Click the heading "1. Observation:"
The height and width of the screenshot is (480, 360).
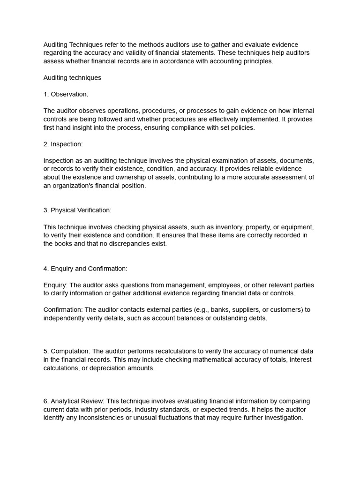click(66, 94)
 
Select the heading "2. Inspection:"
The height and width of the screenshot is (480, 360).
click(63, 144)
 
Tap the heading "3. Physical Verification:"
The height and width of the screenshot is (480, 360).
click(77, 210)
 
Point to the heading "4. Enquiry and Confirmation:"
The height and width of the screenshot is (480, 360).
click(85, 269)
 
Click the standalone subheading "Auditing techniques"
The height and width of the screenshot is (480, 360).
click(72, 78)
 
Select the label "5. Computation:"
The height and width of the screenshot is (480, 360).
click(67, 351)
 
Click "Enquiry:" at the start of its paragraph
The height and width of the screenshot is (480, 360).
click(56, 285)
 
